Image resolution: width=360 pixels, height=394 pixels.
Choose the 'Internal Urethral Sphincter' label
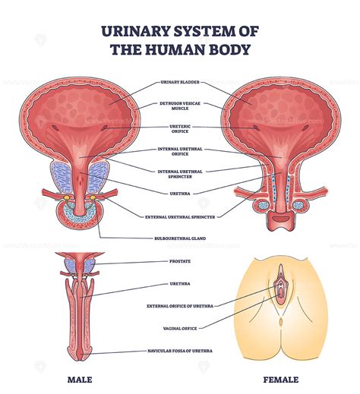pyautogui.click(x=180, y=174)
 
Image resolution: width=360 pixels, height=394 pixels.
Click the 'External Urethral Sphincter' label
pyautogui.click(x=180, y=217)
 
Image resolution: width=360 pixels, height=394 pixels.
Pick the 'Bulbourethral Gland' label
pyautogui.click(x=180, y=239)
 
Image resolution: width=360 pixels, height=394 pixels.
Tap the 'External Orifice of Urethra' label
pyautogui.click(x=180, y=306)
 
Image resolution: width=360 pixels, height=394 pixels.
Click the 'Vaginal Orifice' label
pyautogui.click(x=180, y=328)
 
